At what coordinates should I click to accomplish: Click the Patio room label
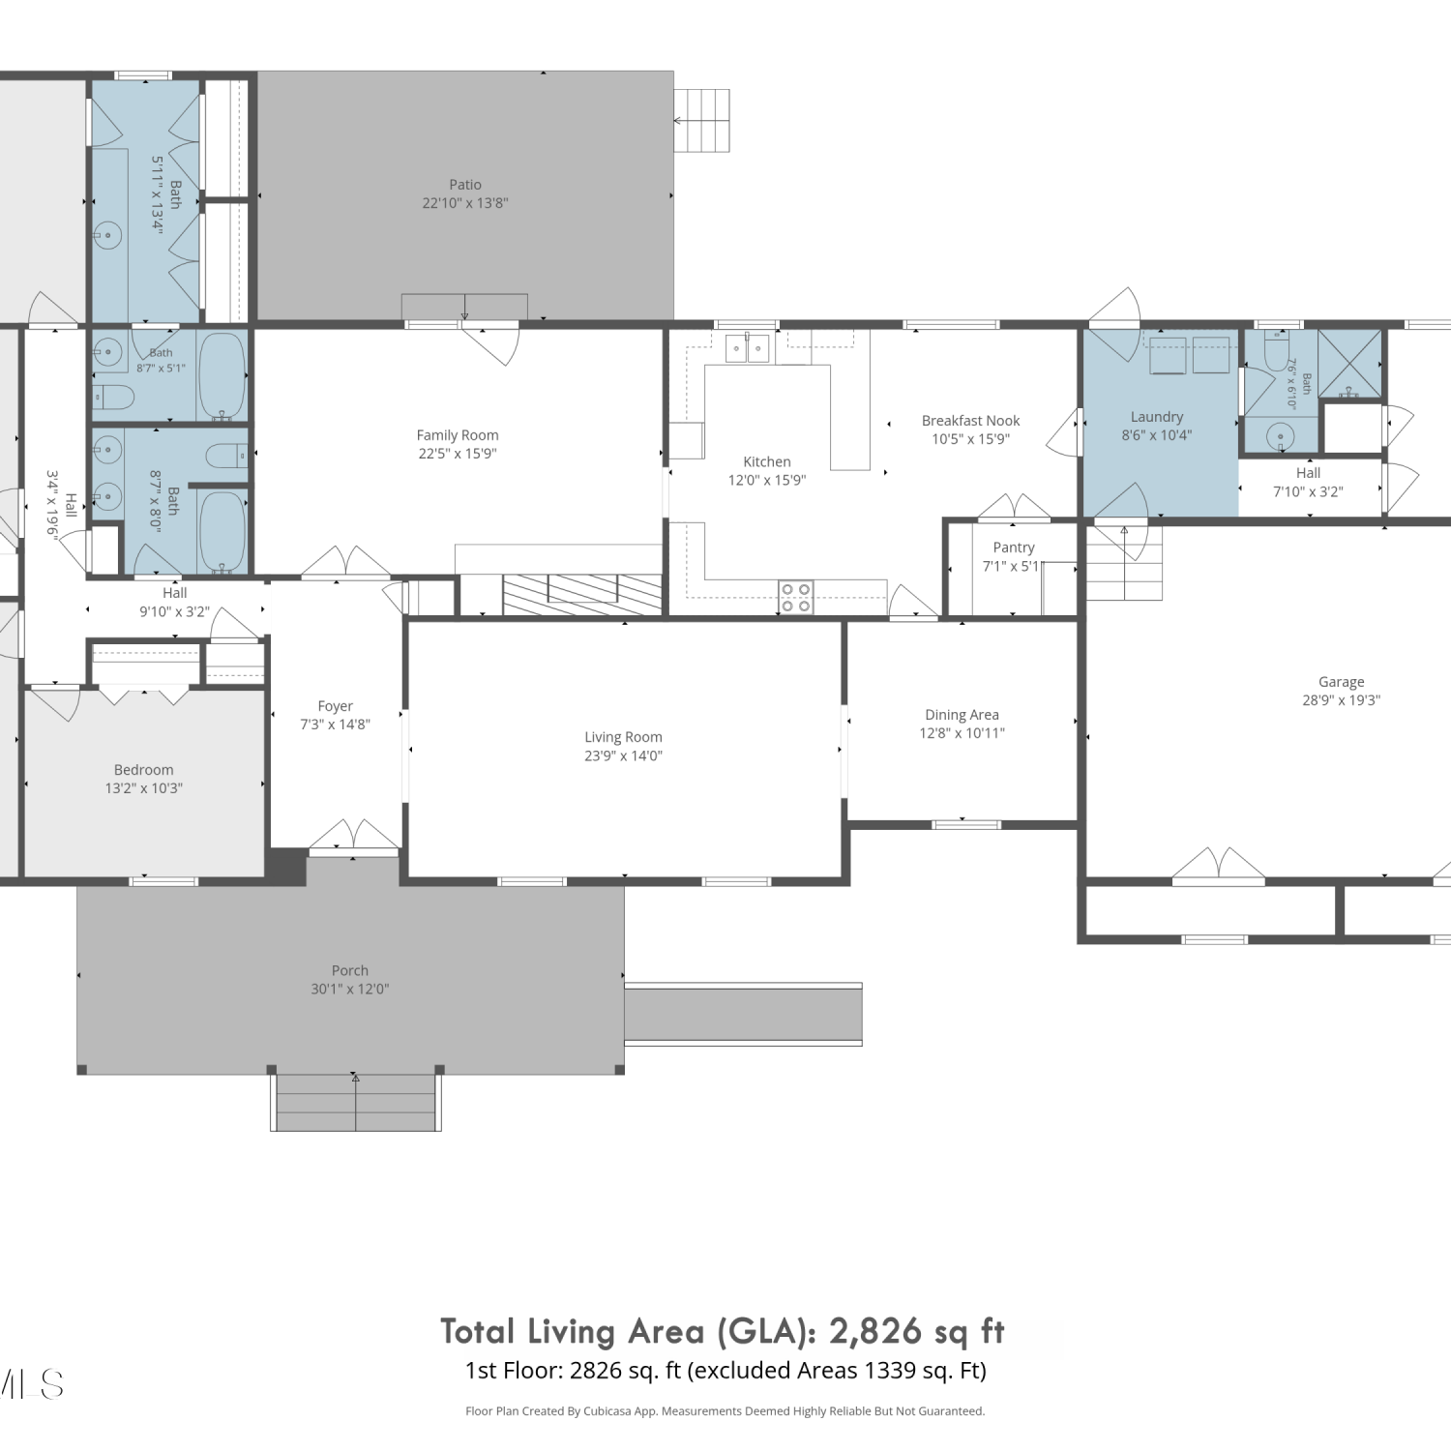click(x=465, y=185)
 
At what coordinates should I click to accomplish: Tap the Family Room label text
click(x=458, y=435)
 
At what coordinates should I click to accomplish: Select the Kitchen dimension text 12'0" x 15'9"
click(x=767, y=480)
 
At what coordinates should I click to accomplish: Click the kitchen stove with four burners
click(x=796, y=597)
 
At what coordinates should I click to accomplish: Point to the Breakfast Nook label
click(x=971, y=421)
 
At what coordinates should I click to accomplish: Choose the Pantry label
click(x=1014, y=548)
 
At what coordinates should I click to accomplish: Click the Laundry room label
click(x=1157, y=417)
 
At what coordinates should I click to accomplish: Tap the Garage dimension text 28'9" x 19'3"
click(x=1341, y=700)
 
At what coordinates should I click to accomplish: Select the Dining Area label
click(x=962, y=715)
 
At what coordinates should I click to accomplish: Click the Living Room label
click(x=623, y=737)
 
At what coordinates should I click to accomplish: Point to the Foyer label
click(x=336, y=706)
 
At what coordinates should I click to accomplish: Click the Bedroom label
click(x=144, y=770)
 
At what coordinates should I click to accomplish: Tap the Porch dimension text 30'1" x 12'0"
click(x=350, y=989)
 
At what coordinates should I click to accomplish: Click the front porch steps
click(x=356, y=1102)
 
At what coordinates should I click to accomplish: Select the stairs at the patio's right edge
click(x=701, y=120)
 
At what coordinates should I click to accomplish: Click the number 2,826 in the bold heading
click(x=875, y=1332)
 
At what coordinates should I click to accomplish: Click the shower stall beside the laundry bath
click(x=1349, y=364)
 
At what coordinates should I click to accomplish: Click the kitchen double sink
click(x=748, y=347)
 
